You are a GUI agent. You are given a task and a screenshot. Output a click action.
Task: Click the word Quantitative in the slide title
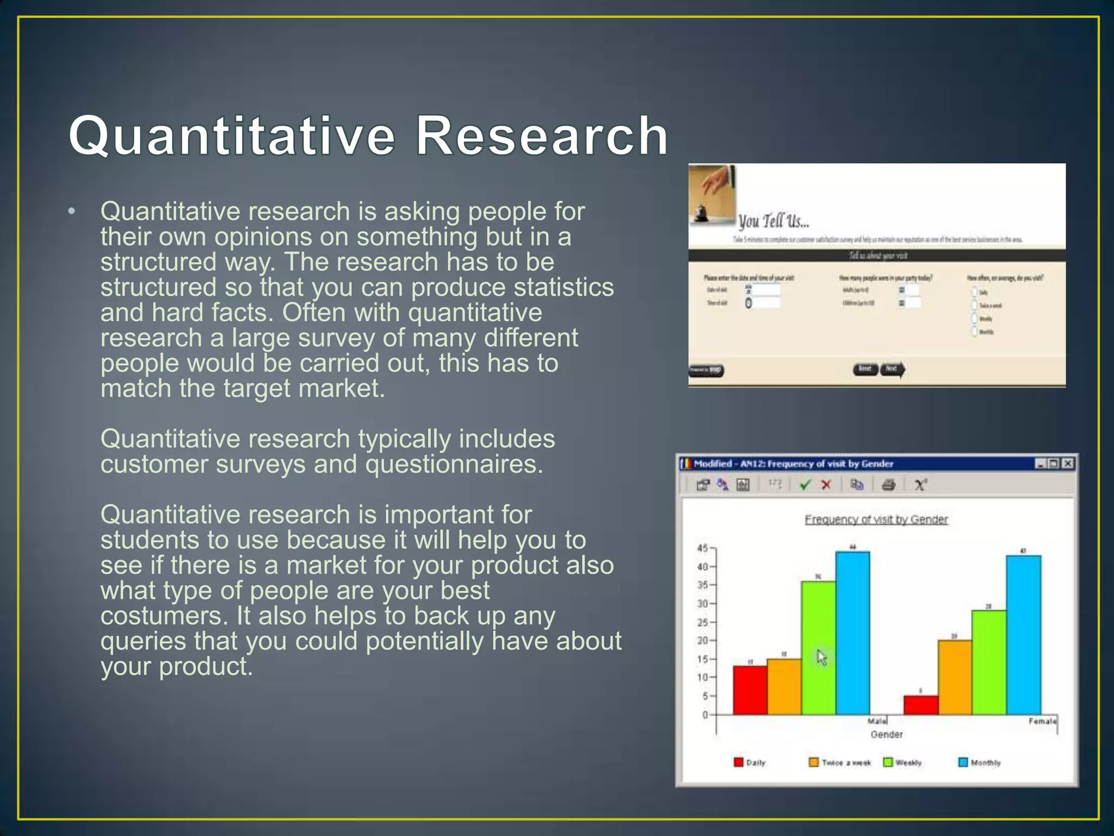(231, 136)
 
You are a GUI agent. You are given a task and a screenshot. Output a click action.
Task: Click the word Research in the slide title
(542, 136)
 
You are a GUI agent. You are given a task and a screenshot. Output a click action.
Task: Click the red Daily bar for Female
(920, 705)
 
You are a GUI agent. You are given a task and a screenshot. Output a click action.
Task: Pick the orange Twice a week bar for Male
(784, 686)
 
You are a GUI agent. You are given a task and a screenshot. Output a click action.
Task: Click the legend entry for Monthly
(979, 763)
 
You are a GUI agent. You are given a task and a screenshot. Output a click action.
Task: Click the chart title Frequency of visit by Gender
(876, 519)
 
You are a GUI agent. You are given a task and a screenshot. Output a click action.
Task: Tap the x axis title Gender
(886, 734)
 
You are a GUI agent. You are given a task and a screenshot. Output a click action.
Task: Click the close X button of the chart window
(1068, 463)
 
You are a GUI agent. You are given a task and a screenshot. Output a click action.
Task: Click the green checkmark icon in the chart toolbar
(805, 484)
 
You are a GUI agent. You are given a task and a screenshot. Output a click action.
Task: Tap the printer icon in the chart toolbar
(888, 484)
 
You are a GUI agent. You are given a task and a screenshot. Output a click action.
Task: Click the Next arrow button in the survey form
(892, 370)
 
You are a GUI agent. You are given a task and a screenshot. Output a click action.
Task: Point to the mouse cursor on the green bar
(821, 657)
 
